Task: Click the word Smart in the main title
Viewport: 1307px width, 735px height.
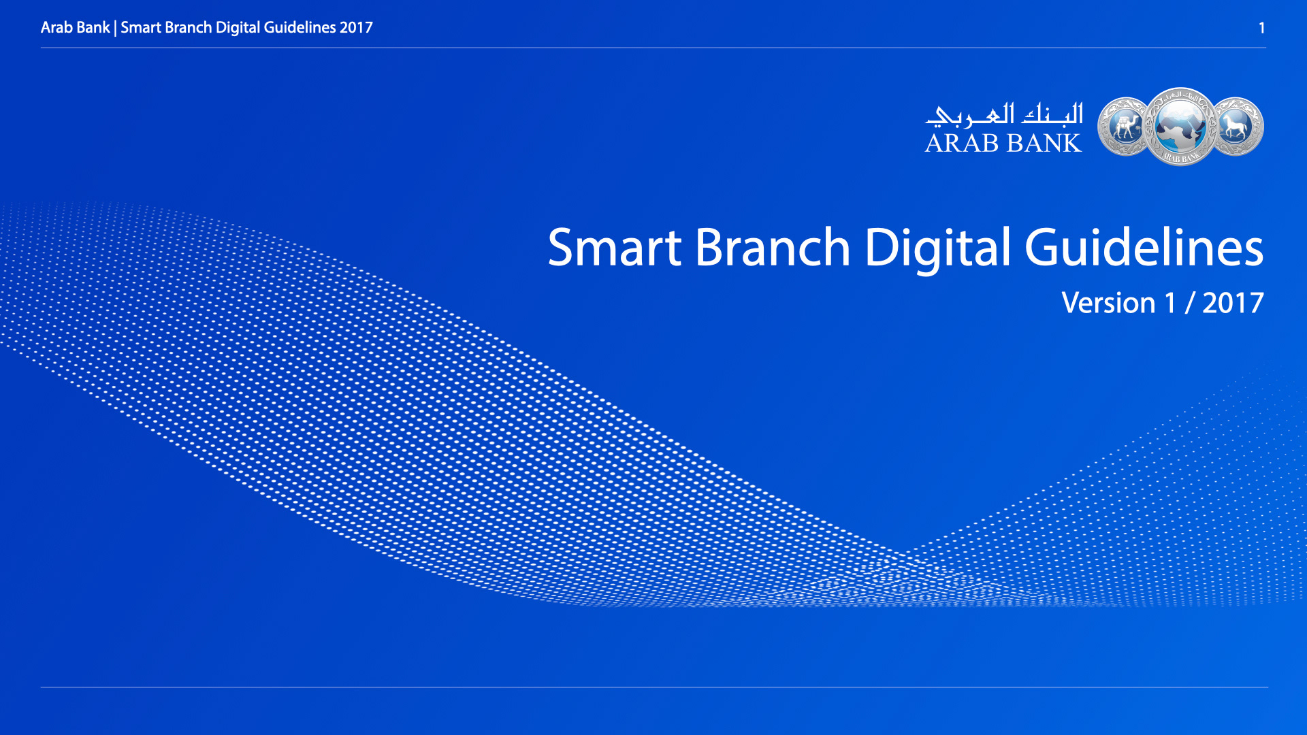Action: tap(615, 247)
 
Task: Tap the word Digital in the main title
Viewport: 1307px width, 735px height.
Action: tap(938, 249)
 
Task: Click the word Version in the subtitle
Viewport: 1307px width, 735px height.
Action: tap(1108, 303)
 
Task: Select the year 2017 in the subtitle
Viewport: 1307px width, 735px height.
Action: tap(1233, 303)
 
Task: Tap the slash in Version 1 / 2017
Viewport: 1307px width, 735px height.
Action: tap(1189, 304)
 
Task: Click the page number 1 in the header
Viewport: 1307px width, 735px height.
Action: tap(1261, 28)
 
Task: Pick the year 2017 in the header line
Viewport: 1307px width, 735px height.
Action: tap(356, 28)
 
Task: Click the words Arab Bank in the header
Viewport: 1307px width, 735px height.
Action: tap(75, 28)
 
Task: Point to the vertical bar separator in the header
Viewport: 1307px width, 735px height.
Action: tap(115, 28)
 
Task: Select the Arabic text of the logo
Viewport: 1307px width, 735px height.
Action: tap(1004, 114)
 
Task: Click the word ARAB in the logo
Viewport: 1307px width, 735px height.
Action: tap(962, 143)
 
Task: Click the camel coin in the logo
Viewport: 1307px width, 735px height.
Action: tap(1124, 127)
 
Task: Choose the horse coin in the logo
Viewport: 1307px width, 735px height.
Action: tap(1236, 127)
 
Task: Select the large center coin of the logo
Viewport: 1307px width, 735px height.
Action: tap(1180, 127)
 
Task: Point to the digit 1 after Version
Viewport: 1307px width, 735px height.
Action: tap(1171, 303)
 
